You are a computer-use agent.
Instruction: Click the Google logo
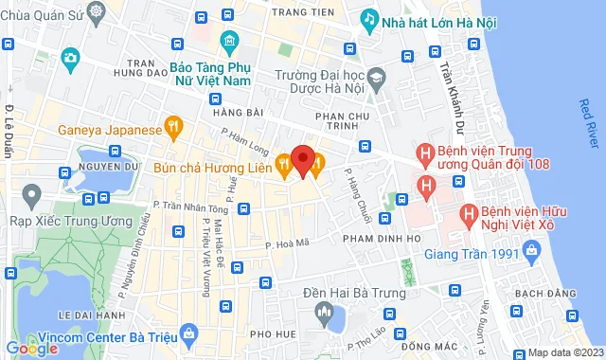point(31,349)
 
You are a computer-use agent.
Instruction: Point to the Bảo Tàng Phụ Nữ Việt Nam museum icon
point(229,42)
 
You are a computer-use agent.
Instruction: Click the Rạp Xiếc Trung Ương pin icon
point(31,197)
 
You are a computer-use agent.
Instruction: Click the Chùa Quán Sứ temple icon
point(98,12)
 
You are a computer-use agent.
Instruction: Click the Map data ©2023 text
point(565,352)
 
